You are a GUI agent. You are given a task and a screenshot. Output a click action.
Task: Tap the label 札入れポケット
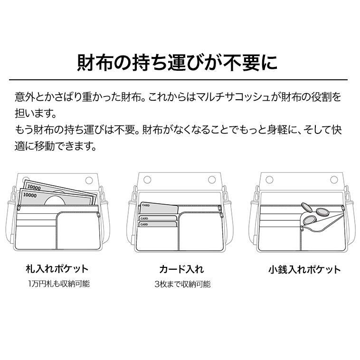click(x=57, y=269)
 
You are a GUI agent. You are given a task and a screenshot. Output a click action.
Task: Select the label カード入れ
click(x=181, y=269)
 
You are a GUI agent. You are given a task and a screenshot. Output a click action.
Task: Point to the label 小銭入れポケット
click(x=304, y=269)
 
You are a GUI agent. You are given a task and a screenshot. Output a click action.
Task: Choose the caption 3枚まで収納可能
click(x=182, y=284)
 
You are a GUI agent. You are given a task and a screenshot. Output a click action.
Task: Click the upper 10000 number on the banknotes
click(x=33, y=188)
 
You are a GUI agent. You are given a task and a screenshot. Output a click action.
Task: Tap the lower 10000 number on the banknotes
click(x=29, y=195)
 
